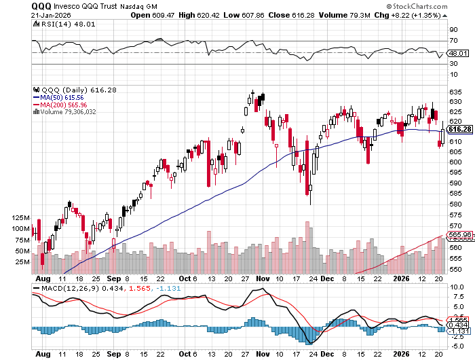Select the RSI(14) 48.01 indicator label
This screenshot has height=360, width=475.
coord(58,24)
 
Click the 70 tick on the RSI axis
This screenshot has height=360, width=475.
coord(453,41)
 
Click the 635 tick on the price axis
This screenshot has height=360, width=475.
coord(455,91)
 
